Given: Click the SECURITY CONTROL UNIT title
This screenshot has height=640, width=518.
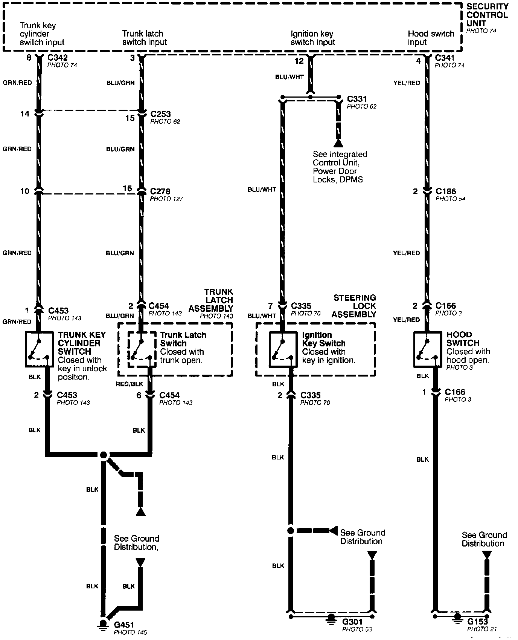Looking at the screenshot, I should [487, 15].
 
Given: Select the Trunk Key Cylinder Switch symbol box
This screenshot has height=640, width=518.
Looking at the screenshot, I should [39, 349].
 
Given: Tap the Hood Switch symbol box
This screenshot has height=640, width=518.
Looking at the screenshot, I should [427, 349].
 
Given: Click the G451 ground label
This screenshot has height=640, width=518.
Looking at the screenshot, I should [124, 625].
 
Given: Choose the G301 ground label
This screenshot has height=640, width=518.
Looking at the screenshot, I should [352, 621].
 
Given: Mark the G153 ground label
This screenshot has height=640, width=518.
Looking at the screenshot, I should [477, 621].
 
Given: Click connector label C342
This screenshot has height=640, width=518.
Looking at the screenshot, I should [57, 58].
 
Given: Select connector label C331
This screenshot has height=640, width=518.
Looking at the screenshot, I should [357, 99].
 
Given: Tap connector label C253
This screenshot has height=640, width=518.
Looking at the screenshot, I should [160, 114].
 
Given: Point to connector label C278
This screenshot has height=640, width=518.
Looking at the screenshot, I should [160, 191].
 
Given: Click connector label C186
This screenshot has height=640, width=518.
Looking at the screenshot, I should [446, 191].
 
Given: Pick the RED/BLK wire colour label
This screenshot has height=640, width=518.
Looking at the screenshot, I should [129, 384].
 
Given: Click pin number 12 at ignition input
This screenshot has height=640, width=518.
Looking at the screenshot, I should [299, 60].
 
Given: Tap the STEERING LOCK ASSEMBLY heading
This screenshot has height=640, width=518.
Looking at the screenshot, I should [354, 306].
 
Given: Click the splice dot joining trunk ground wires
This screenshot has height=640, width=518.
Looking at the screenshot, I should [104, 455].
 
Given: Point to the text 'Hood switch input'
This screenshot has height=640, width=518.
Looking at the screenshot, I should [431, 38].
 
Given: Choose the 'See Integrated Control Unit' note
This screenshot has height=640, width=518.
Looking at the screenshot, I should [340, 167].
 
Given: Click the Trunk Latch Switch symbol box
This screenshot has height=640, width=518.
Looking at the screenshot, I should [142, 349].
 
